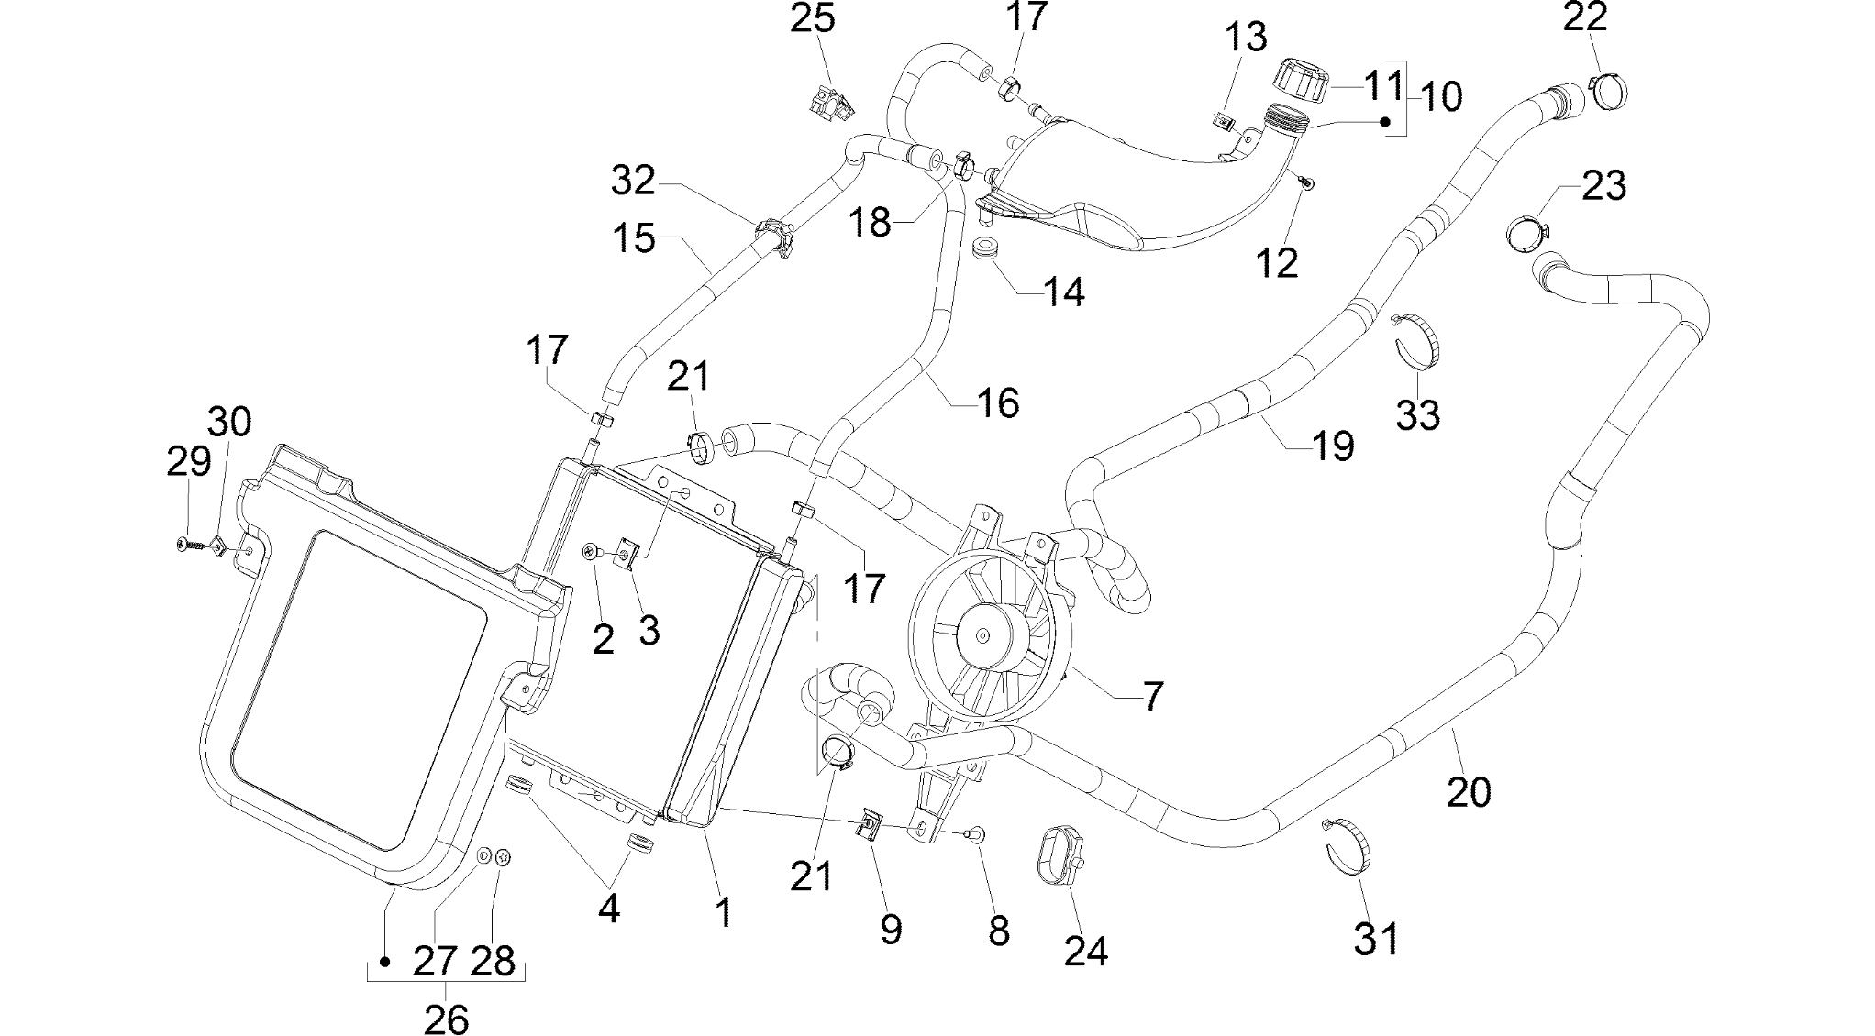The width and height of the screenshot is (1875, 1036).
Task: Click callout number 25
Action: [813, 17]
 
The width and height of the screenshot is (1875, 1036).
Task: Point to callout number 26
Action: [446, 1018]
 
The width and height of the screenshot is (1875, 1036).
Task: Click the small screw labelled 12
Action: [1307, 183]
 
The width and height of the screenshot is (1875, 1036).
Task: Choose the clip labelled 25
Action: [831, 103]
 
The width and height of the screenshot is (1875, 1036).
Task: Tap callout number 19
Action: [1331, 446]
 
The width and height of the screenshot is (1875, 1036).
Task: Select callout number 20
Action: [1469, 790]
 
